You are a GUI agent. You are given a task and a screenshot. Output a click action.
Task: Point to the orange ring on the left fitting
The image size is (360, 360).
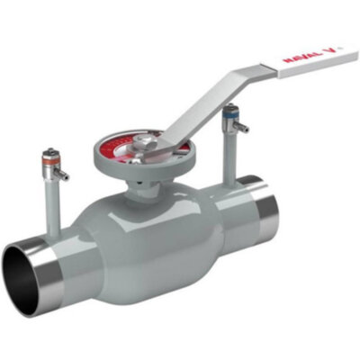[x=50, y=165]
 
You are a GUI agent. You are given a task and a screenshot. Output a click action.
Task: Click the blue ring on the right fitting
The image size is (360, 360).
[x=230, y=116]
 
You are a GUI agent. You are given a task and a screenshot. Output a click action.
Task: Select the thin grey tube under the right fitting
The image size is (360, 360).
[x=230, y=153]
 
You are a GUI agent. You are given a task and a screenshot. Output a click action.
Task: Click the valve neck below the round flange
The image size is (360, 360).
[x=148, y=190]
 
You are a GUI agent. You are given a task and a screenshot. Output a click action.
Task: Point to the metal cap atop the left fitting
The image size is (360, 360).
[x=50, y=154]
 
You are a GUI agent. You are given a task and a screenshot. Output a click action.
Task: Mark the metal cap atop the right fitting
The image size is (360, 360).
[x=230, y=107]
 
